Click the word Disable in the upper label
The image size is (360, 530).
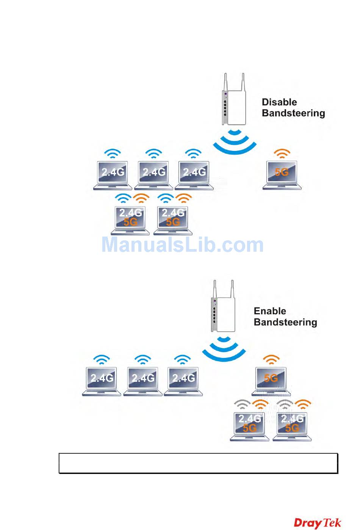pos(279,102)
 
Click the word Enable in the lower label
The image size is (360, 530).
pos(269,311)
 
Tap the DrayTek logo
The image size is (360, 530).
pos(317,523)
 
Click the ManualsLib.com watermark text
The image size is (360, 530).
pos(182,245)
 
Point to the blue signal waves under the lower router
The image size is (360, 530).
pos(224,348)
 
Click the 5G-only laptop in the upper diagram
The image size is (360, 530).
pos(282,175)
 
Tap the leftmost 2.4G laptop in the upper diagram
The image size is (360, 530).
pos(113,175)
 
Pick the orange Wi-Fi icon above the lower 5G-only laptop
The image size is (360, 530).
pos(271,359)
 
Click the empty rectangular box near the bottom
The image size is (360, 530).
pos(198,463)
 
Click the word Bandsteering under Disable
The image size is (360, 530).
pos(293,113)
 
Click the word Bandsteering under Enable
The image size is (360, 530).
pos(285,322)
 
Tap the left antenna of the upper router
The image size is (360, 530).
pos(225,82)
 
